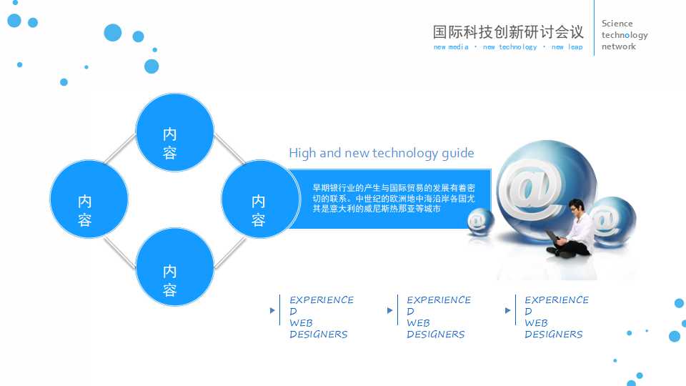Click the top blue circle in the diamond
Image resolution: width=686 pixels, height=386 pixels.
175,132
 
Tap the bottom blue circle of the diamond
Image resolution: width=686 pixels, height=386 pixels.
175,267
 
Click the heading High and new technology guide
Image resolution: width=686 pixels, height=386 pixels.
381,153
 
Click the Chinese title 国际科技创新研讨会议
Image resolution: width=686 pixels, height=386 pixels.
508,31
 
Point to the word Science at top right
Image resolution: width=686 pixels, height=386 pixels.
617,24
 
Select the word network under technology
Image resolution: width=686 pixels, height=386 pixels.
618,46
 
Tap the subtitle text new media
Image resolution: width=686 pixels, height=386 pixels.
451,47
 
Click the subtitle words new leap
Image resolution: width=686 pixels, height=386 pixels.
567,47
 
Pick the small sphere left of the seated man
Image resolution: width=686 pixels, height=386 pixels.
480,221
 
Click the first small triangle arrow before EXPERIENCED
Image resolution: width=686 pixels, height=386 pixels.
272,311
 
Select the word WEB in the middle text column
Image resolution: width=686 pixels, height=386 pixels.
418,323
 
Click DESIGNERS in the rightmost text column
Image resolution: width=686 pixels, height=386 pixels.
553,335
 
